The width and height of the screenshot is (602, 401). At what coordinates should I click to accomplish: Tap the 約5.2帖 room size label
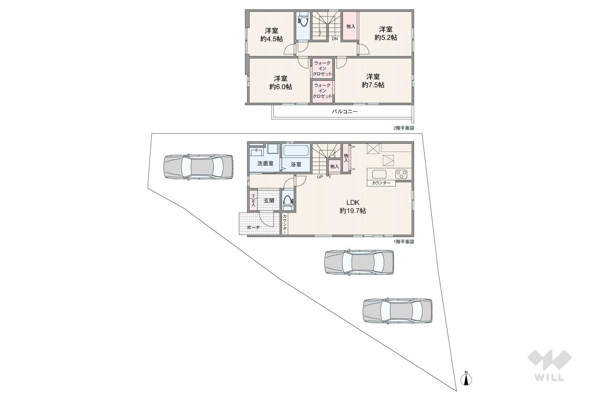386,37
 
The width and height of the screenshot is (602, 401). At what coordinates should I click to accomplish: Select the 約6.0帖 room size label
280,87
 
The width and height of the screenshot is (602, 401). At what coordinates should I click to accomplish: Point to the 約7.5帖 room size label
373,85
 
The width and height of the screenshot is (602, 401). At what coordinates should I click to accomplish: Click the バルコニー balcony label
344,112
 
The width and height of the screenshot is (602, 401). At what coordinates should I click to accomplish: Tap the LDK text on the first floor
352,202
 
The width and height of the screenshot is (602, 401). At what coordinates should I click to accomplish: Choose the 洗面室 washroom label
265,163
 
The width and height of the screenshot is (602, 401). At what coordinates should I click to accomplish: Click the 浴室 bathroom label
296,165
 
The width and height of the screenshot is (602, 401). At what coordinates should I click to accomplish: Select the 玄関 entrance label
269,201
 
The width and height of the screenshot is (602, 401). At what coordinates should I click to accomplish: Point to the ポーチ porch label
253,228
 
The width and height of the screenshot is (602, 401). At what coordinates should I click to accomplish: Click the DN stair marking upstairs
334,39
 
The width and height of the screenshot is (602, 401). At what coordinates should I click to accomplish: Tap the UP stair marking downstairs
320,177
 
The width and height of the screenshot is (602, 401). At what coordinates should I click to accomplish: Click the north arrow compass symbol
466,379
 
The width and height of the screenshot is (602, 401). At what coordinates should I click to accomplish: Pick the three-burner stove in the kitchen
401,174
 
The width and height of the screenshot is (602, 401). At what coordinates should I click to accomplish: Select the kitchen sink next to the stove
379,174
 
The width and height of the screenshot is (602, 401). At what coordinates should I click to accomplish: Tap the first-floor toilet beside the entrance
287,202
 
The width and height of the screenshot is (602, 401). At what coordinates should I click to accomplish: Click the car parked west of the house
198,167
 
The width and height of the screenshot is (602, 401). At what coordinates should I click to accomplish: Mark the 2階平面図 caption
404,128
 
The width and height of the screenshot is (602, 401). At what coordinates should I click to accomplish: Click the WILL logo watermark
549,365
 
